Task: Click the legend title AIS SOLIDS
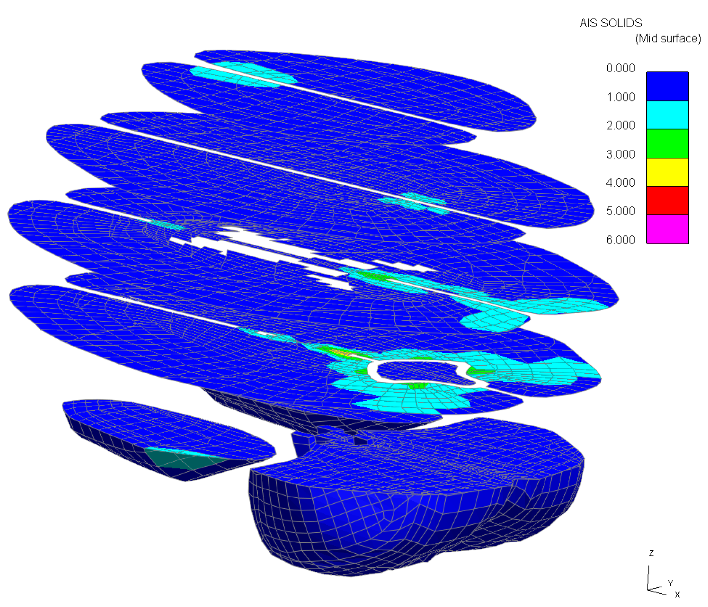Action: click(611, 23)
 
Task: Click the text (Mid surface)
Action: click(668, 39)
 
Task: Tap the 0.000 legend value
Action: click(621, 68)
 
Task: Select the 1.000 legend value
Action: click(621, 97)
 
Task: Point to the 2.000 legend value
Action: click(621, 126)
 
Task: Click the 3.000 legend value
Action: click(621, 154)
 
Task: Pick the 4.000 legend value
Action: click(621, 183)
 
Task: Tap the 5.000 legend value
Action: click(621, 211)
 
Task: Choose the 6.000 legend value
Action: click(621, 240)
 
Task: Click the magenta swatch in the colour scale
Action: click(668, 229)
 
